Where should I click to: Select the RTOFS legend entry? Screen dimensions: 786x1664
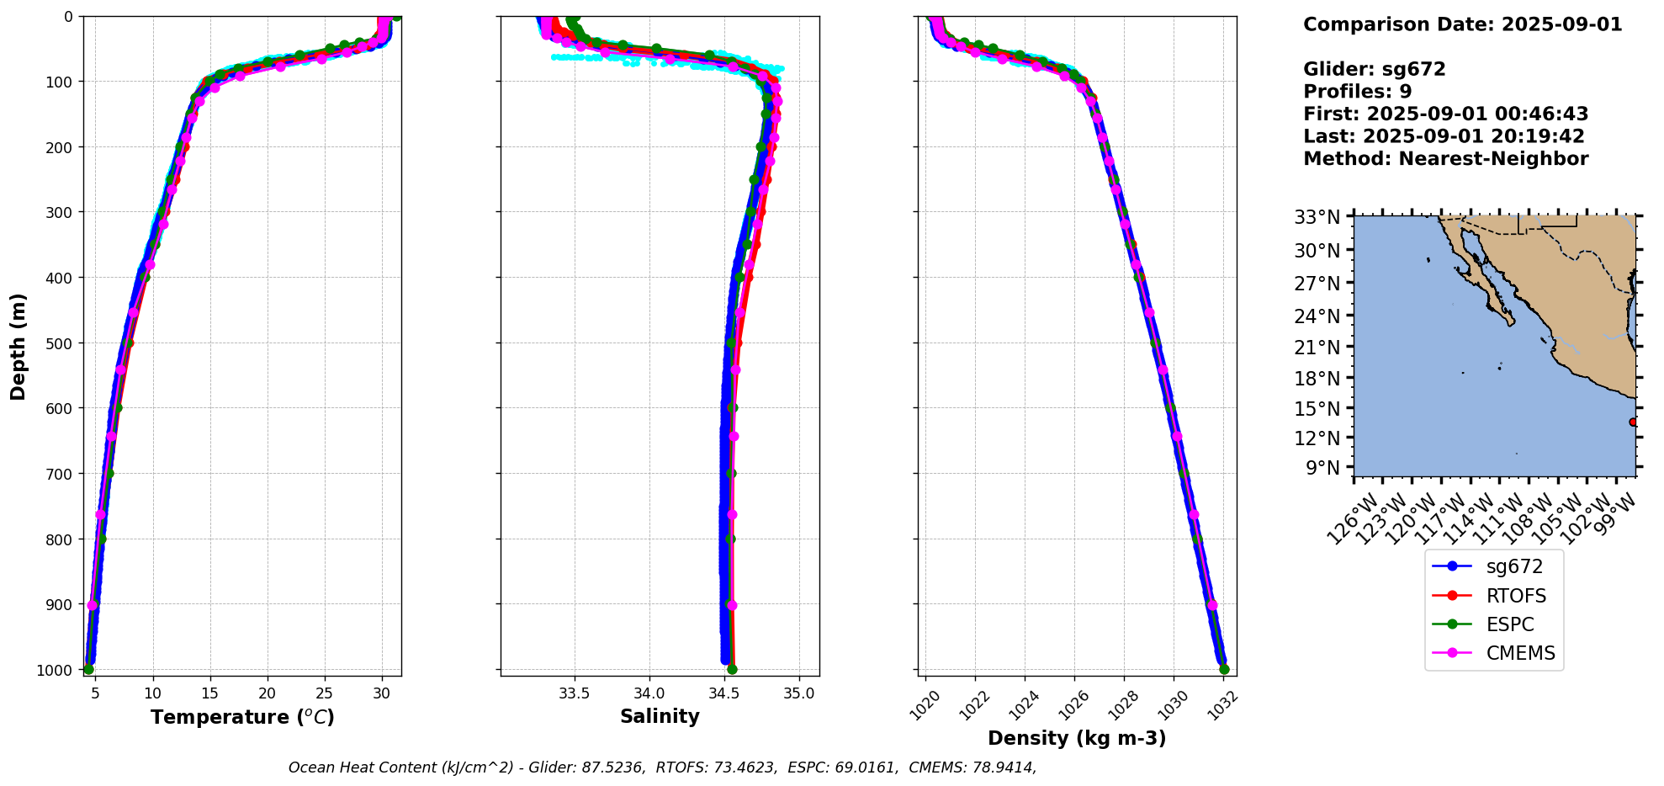coord(1493,596)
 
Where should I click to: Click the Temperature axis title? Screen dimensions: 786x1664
coord(242,717)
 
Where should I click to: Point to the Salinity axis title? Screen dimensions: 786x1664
coord(660,716)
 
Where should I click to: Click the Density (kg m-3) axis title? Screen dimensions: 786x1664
coord(1077,738)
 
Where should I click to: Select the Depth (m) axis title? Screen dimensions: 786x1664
coord(19,346)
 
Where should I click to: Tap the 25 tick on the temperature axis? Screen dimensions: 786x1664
coord(325,693)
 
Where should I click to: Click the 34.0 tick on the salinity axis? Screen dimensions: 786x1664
coord(649,693)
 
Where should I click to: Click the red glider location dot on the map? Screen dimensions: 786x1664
coord(1633,422)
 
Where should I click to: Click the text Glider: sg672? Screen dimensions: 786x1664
coord(1374,69)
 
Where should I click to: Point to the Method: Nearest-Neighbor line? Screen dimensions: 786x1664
coord(1445,158)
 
